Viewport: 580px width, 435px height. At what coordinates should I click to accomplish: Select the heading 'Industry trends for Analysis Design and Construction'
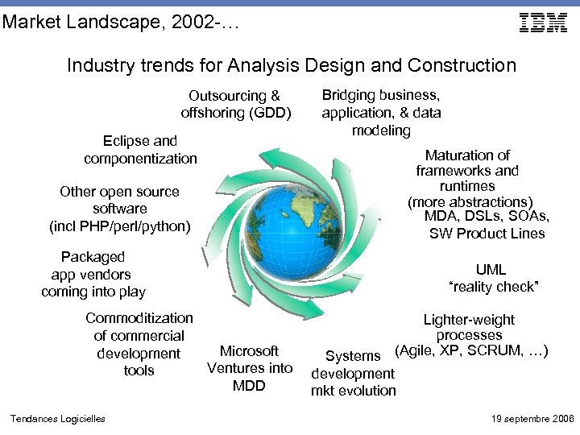coord(291,65)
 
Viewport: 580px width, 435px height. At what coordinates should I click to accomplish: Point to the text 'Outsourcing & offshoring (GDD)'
coord(235,104)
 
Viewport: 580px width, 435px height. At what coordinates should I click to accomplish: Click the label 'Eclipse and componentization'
coord(140,150)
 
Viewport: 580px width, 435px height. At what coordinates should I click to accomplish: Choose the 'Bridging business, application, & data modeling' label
coord(381,112)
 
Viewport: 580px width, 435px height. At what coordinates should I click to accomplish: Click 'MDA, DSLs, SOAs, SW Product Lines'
coord(487,225)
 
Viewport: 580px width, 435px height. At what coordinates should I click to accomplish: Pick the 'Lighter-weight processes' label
coord(469,327)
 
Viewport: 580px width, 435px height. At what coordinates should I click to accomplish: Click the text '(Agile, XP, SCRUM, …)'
coord(470,351)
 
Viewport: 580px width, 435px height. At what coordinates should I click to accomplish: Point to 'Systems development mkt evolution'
coord(354,373)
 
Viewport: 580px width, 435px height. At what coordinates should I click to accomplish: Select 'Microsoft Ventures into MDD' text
coord(250,368)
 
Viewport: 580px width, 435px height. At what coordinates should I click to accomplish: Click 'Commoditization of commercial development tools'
coord(139,344)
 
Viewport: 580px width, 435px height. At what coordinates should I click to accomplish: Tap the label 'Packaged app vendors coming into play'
coord(93,274)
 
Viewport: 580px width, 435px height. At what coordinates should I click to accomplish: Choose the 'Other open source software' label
coord(119,200)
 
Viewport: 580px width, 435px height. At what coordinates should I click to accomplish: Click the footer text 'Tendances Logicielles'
coord(57,419)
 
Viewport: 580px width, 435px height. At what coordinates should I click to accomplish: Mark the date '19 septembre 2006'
coord(532,419)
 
